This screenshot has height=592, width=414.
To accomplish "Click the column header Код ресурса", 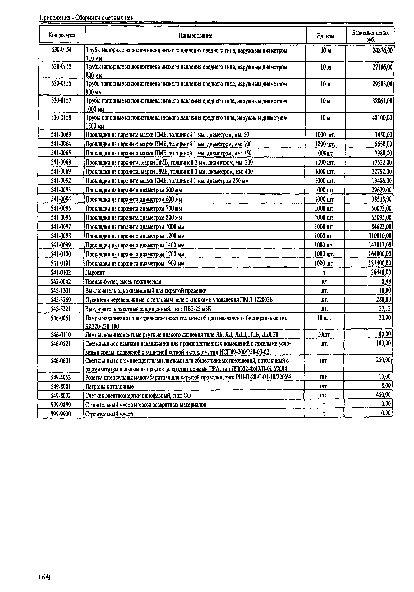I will pyautogui.click(x=62, y=35).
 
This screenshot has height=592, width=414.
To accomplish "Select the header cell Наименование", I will pyautogui.click(x=195, y=36).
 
